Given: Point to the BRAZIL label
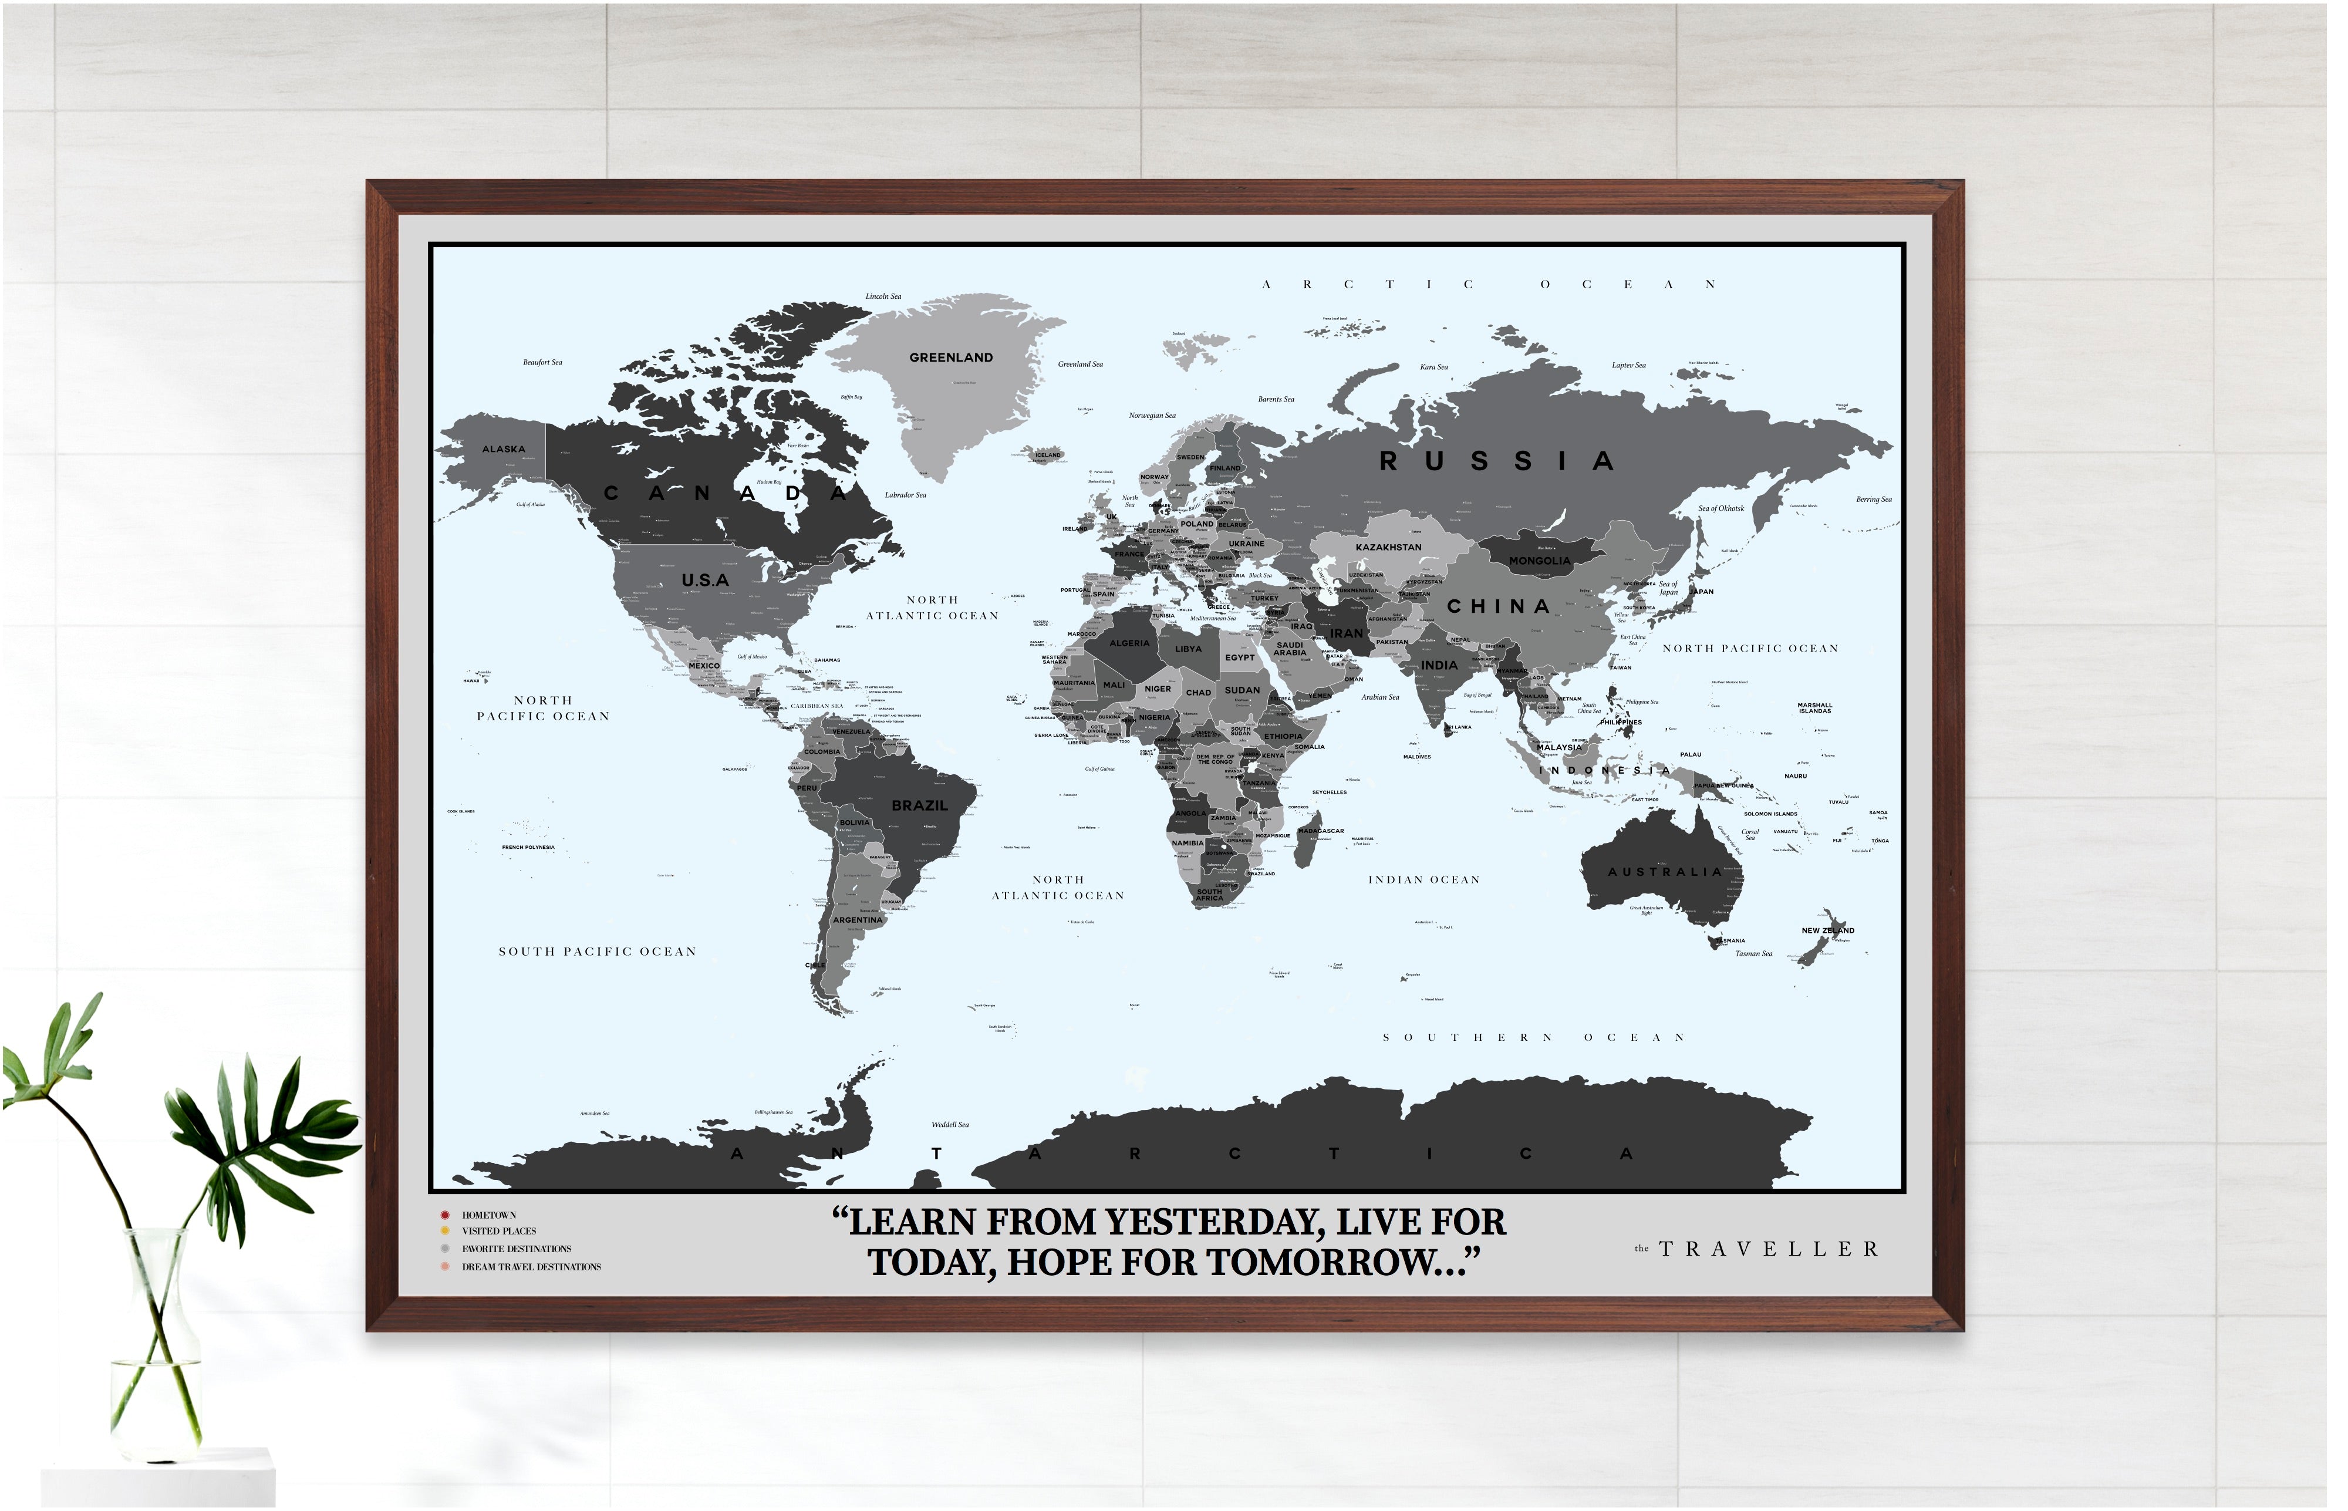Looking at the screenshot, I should [x=919, y=805].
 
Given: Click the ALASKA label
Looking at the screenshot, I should [x=504, y=450].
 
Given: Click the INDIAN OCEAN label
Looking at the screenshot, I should [x=1423, y=880].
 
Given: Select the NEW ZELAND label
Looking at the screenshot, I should [x=1827, y=930].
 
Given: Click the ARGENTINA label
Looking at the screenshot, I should [x=858, y=920].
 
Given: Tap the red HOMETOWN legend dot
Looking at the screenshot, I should [x=444, y=1215].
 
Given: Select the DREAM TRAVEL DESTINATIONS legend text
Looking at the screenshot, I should [x=531, y=1267].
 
